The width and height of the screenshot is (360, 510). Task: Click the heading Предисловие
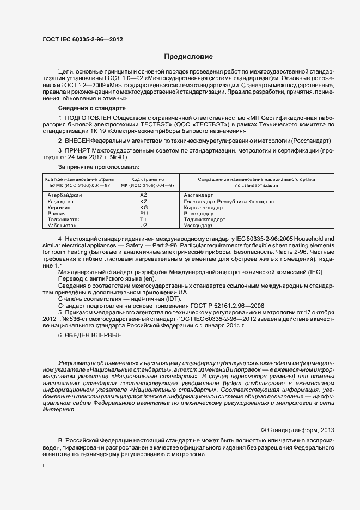pyautogui.click(x=188, y=57)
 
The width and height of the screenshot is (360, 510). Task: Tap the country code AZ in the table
pyautogui.click(x=144, y=195)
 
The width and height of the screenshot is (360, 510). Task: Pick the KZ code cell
pyautogui.click(x=144, y=202)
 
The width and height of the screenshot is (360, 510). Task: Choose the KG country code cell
pyautogui.click(x=144, y=208)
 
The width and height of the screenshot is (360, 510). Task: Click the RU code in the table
pyautogui.click(x=144, y=214)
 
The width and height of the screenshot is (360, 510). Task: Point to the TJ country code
pyautogui.click(x=144, y=220)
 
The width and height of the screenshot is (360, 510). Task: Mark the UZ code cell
pyautogui.click(x=144, y=226)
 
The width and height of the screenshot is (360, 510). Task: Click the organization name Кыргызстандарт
pyautogui.click(x=205, y=208)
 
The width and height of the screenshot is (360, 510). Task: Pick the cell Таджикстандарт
pyautogui.click(x=205, y=220)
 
